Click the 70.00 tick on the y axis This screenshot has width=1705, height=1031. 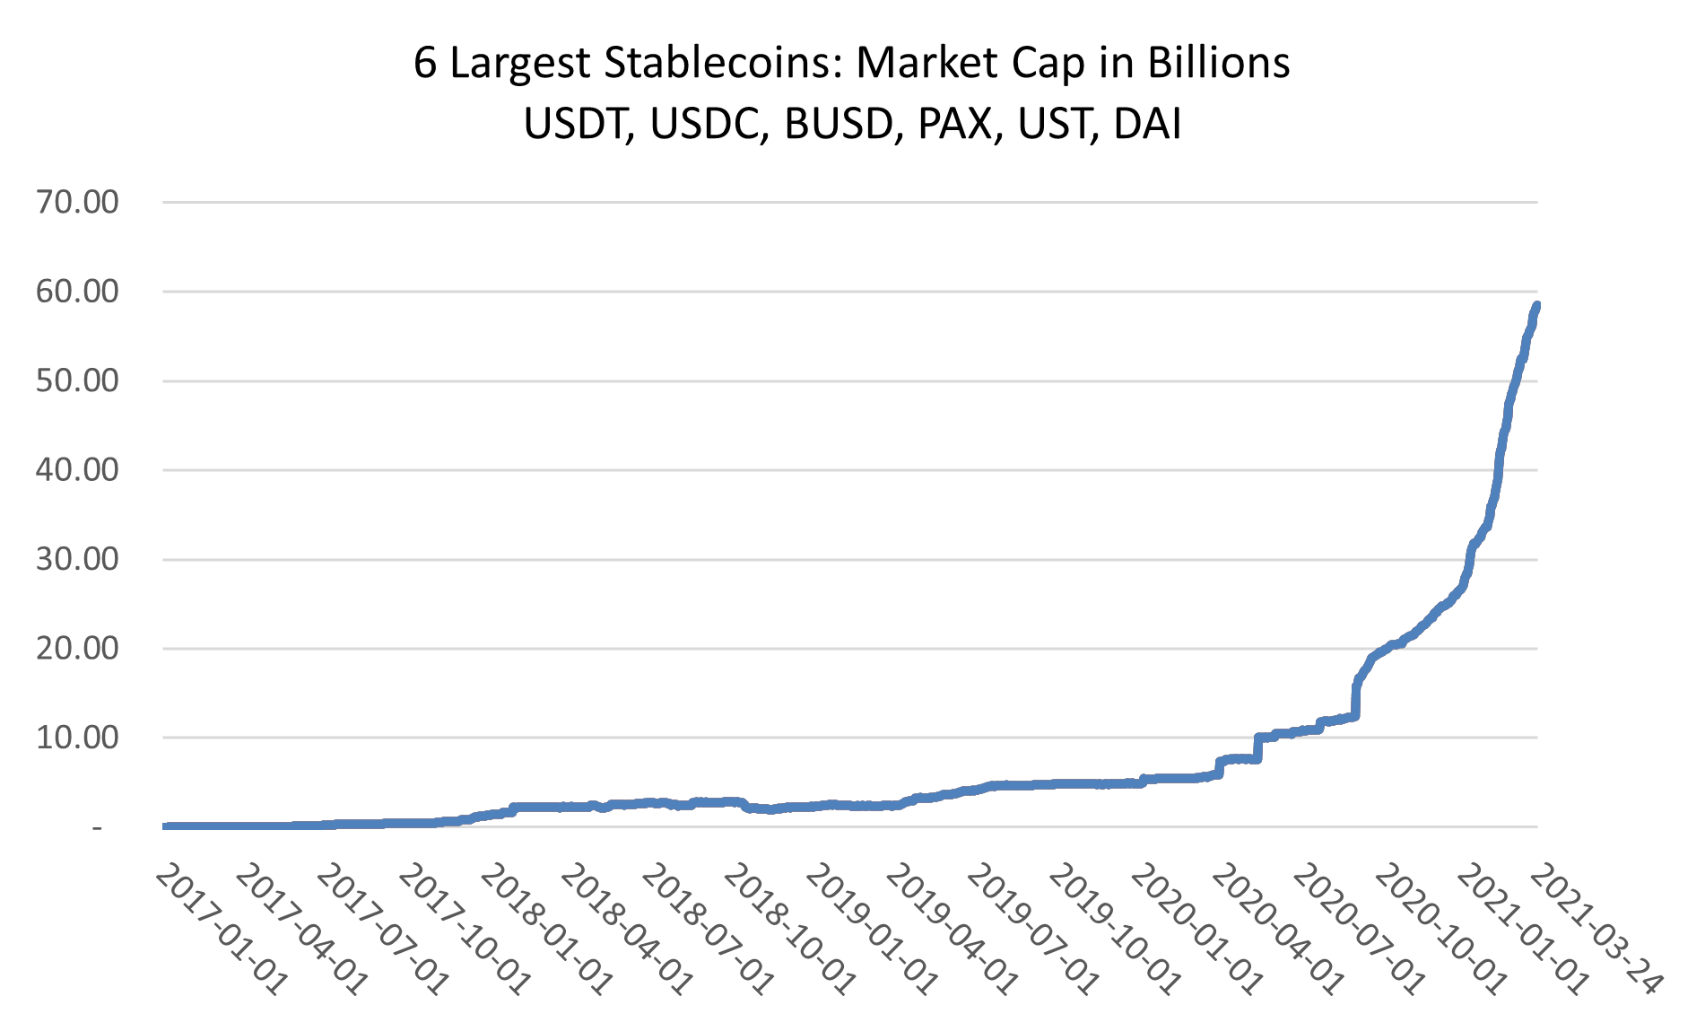coord(77,202)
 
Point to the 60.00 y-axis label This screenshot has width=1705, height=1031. coord(77,292)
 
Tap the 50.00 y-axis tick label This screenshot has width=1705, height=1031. coord(77,380)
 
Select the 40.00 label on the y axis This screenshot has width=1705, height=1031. coord(77,469)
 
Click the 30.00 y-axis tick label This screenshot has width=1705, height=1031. coord(77,559)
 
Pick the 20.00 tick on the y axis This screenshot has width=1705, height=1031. coord(77,648)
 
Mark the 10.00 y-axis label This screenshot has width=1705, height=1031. coord(77,738)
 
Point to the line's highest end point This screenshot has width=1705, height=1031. coord(1536,305)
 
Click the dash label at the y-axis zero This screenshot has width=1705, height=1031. coord(97,827)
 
